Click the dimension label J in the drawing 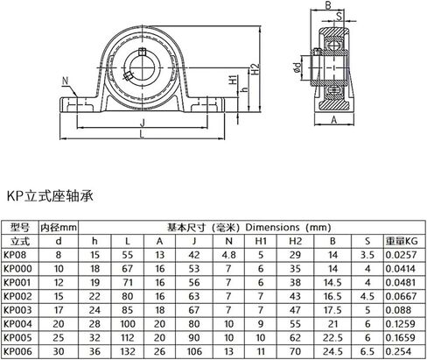point(143,124)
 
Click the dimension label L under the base point(142,135)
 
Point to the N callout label point(65,81)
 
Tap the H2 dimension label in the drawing point(255,69)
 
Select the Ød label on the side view point(297,67)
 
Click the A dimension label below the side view point(334,120)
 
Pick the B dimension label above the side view point(328,5)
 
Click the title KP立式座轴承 point(50,196)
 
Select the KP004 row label point(17,324)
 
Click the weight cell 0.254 point(398,351)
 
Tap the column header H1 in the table point(261,241)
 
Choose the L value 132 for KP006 point(128,351)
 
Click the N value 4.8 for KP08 point(228,255)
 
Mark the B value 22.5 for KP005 point(332,338)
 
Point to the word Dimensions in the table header point(272,227)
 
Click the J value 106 point(194,351)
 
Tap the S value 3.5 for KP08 point(367,255)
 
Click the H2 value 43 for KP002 point(295,296)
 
